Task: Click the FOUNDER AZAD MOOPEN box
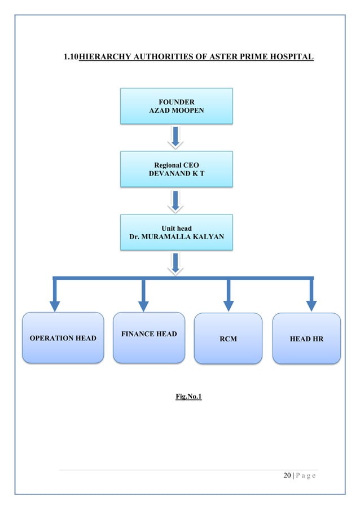(176, 106)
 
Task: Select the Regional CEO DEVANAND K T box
(176, 169)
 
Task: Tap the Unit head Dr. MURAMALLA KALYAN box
(176, 232)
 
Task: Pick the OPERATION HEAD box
(63, 337)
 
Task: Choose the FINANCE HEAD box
(149, 337)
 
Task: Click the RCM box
(228, 339)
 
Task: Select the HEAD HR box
(306, 339)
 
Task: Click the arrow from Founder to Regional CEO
(176, 137)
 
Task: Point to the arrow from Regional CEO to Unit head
(176, 200)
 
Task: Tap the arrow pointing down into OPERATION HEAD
(55, 296)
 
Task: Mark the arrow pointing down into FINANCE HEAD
(143, 296)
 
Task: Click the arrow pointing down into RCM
(229, 296)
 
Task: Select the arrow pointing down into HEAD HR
(311, 296)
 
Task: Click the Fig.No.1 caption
(188, 397)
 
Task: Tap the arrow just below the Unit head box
(176, 264)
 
